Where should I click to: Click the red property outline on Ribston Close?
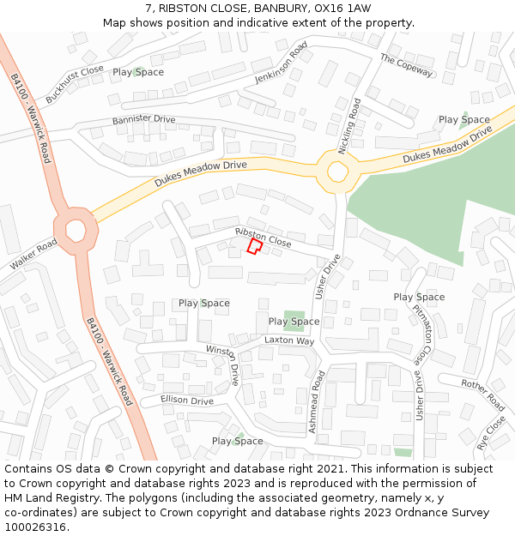(254, 247)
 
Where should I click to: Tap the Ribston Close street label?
(263, 238)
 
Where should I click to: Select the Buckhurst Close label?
(75, 84)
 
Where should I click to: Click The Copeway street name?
(406, 65)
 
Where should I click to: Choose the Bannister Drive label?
(143, 120)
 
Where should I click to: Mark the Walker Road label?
(33, 255)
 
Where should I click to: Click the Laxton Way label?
(289, 340)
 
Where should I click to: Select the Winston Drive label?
(222, 364)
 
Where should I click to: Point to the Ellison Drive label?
(187, 400)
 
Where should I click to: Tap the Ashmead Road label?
(316, 400)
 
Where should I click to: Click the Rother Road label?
(482, 394)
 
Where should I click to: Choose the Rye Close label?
(491, 433)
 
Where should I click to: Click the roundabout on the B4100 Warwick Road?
(75, 230)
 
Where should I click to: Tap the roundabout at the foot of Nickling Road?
(336, 171)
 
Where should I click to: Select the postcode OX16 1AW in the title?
(342, 9)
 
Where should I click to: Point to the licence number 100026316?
(36, 527)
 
